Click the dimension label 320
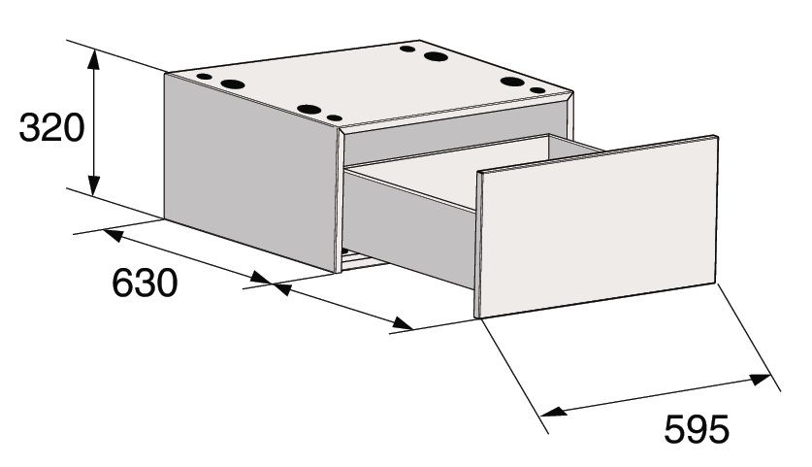click(51, 128)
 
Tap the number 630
click(145, 284)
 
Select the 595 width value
click(697, 429)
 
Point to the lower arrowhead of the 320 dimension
click(93, 185)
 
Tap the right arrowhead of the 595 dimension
click(760, 379)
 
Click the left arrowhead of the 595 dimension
click(551, 412)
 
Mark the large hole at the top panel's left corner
click(233, 83)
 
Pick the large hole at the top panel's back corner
click(436, 56)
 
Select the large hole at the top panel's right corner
click(512, 82)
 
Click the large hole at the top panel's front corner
click(309, 110)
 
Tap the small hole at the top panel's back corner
click(408, 50)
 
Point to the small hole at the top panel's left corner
click(205, 77)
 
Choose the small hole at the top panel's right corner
click(538, 90)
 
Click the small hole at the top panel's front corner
click(335, 118)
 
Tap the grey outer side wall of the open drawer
click(409, 228)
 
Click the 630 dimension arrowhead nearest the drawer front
click(402, 324)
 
